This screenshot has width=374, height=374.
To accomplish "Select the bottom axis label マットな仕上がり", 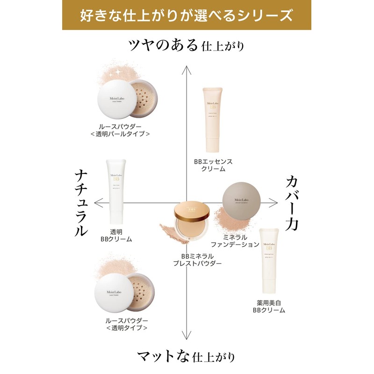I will point(187,357).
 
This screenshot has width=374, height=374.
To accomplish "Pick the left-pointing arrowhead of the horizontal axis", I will point(97,202).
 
